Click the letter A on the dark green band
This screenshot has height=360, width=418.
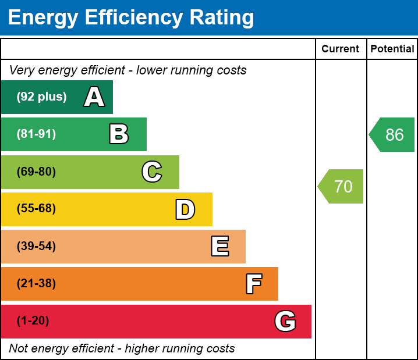(x=94, y=97)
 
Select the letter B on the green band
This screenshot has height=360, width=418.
(x=119, y=134)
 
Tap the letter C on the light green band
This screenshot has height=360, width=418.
(x=152, y=172)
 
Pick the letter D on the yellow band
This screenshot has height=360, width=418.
(x=185, y=209)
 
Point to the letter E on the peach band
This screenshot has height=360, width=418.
(x=219, y=247)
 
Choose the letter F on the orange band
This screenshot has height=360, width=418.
(x=253, y=284)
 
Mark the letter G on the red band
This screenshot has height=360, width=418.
(x=285, y=321)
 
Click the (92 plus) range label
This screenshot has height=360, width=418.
(x=41, y=97)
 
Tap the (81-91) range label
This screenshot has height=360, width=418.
(x=36, y=134)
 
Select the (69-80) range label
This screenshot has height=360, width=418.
(x=36, y=172)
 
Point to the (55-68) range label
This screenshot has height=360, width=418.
(x=36, y=209)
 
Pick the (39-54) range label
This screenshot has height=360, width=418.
(x=36, y=247)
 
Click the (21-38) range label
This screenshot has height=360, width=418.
(x=36, y=284)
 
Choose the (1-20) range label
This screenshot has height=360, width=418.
(x=33, y=321)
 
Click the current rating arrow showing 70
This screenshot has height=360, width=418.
(x=342, y=187)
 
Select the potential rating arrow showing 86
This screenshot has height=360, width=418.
(x=393, y=135)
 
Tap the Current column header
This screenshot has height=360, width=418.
(x=340, y=49)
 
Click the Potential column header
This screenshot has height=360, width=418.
(x=392, y=49)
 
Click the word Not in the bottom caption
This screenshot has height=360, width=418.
(x=19, y=348)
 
